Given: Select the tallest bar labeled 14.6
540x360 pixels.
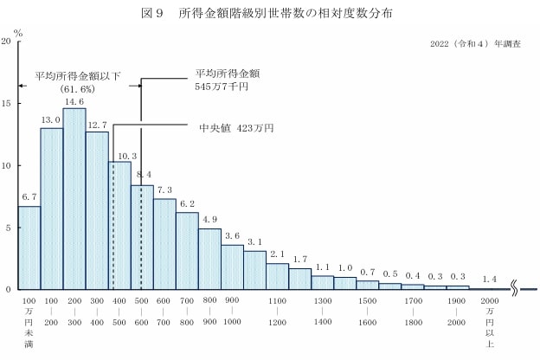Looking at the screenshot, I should [74, 199].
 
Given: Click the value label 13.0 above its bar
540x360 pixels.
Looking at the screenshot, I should [51, 120].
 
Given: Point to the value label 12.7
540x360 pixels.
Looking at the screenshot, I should [96, 124].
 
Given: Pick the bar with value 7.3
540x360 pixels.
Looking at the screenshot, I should [164, 244].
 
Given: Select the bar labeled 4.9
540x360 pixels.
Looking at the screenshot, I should [209, 259].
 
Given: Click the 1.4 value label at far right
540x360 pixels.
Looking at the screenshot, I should [489, 280].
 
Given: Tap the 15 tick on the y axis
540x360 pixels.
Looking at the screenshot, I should [7, 104].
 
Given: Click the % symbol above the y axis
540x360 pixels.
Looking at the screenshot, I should [17, 32].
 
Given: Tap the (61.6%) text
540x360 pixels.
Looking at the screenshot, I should [77, 89].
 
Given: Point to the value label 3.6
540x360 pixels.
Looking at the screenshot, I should [232, 235].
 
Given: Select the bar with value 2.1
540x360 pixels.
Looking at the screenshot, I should [277, 276].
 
